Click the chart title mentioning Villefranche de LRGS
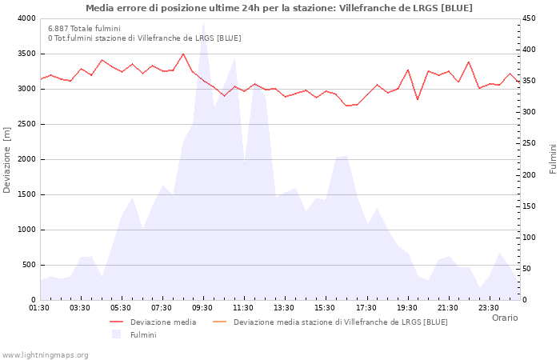coord(278,8)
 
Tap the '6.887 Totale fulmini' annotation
coord(84,28)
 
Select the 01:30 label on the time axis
coord(39,308)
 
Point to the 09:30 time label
coord(202,308)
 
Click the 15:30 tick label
coord(325,308)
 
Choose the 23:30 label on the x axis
coord(488,308)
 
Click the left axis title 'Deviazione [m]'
coord(8,159)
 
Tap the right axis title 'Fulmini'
coord(553,158)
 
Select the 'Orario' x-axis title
coord(505,318)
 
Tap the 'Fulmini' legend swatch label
coord(143,335)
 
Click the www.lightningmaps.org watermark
coord(46,355)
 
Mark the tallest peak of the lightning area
coord(203,24)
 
